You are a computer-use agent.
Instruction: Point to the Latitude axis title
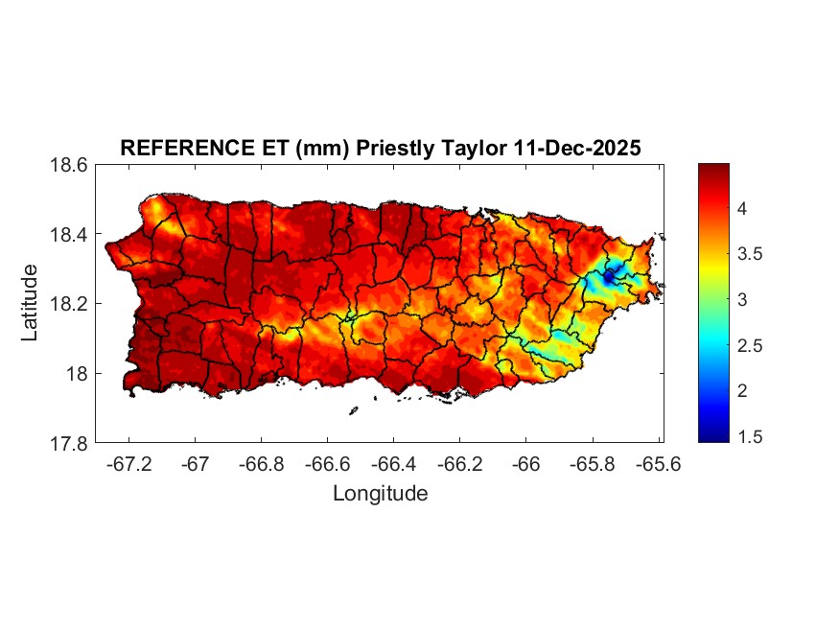pyautogui.click(x=31, y=303)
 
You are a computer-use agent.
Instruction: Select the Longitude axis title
pyautogui.click(x=380, y=494)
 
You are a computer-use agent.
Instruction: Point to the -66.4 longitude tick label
pyautogui.click(x=393, y=463)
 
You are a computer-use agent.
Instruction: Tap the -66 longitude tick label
pyautogui.click(x=525, y=463)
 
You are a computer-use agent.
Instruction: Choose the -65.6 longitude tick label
pyautogui.click(x=658, y=463)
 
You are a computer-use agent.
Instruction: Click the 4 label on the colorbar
pyautogui.click(x=742, y=209)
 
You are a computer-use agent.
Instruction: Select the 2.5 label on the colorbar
pyautogui.click(x=749, y=346)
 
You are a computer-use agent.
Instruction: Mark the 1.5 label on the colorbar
pyautogui.click(x=749, y=437)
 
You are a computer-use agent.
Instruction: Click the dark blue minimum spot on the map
pyautogui.click(x=608, y=277)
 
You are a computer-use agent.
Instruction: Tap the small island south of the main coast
pyautogui.click(x=353, y=410)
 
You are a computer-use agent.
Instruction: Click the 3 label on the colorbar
pyautogui.click(x=742, y=300)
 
